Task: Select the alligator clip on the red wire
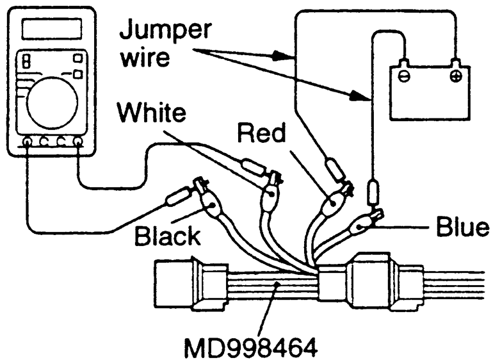[x=337, y=202]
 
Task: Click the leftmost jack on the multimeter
[x=28, y=142]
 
